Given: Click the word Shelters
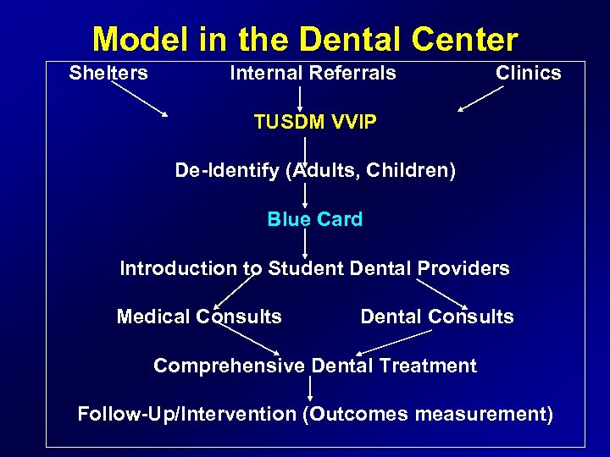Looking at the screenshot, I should click(108, 73).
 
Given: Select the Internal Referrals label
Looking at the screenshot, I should click(313, 73).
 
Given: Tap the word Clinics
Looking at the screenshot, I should click(528, 73).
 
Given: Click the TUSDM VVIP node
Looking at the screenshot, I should click(315, 122).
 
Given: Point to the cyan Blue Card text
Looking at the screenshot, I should click(314, 219).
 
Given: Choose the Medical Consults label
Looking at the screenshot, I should click(199, 317).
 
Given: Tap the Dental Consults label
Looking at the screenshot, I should click(436, 317).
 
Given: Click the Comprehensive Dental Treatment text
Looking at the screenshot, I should click(314, 366).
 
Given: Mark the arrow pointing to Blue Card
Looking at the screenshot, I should click(305, 195).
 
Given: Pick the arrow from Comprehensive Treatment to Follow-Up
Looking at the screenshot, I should click(310, 389).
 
